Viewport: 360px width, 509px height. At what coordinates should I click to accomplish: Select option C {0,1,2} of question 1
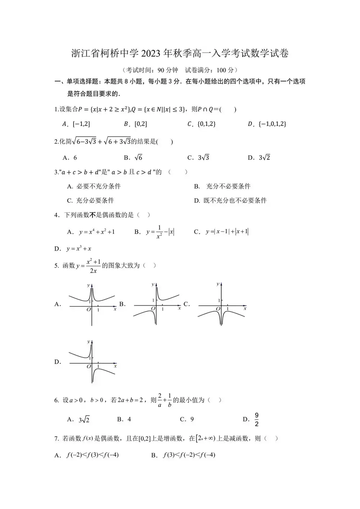206,124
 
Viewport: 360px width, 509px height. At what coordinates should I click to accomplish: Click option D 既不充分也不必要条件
235,201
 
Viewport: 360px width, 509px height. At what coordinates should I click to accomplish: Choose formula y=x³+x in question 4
78,248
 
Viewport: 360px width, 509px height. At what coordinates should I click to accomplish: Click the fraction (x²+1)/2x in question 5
93,266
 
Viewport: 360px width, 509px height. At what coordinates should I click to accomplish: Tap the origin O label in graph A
89,309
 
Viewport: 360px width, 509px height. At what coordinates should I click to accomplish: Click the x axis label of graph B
180,308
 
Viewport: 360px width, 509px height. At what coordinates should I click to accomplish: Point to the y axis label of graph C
218,284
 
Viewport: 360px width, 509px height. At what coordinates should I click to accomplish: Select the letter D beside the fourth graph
58,362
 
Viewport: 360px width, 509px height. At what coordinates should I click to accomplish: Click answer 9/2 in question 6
257,419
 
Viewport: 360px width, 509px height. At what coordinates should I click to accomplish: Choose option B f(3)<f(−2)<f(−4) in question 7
189,455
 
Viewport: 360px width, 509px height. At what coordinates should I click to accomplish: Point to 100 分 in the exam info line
226,70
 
